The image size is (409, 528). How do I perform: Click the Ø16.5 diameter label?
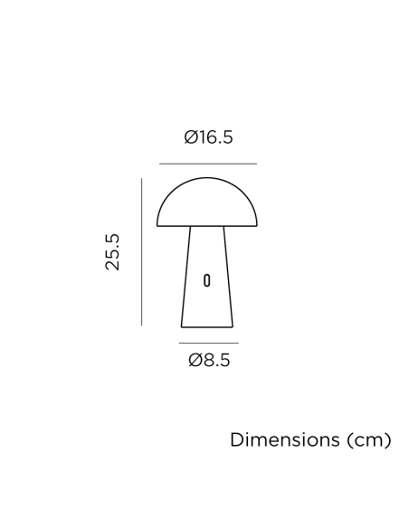pyautogui.click(x=208, y=137)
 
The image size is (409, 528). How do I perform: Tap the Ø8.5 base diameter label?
pyautogui.click(x=209, y=361)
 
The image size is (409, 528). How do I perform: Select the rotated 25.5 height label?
pyautogui.click(x=112, y=251)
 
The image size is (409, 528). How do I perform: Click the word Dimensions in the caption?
pyautogui.click(x=283, y=440)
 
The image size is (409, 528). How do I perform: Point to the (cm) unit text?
pyautogui.click(x=367, y=440)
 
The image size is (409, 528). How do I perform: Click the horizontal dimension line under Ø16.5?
pyautogui.click(x=207, y=164)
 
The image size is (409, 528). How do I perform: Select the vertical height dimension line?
pyautogui.click(x=141, y=251)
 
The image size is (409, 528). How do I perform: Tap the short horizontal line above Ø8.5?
pyautogui.click(x=208, y=344)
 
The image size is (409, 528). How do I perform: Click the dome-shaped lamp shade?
pyautogui.click(x=206, y=203)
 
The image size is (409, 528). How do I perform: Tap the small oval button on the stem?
pyautogui.click(x=206, y=279)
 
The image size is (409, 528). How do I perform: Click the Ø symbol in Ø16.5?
pyautogui.click(x=191, y=137)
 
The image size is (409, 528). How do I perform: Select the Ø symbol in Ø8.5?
pyautogui.click(x=195, y=361)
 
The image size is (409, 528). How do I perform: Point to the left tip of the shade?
pyautogui.click(x=157, y=225)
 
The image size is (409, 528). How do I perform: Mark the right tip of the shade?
pyautogui.click(x=257, y=225)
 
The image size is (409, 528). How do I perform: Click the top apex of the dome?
pyautogui.click(x=206, y=178)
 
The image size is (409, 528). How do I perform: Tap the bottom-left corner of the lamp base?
pyautogui.click(x=181, y=326)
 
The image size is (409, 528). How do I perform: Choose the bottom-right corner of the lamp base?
pyautogui.click(x=233, y=326)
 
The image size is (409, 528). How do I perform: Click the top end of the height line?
pyautogui.click(x=141, y=179)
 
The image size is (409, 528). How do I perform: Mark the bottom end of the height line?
pyautogui.click(x=141, y=325)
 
